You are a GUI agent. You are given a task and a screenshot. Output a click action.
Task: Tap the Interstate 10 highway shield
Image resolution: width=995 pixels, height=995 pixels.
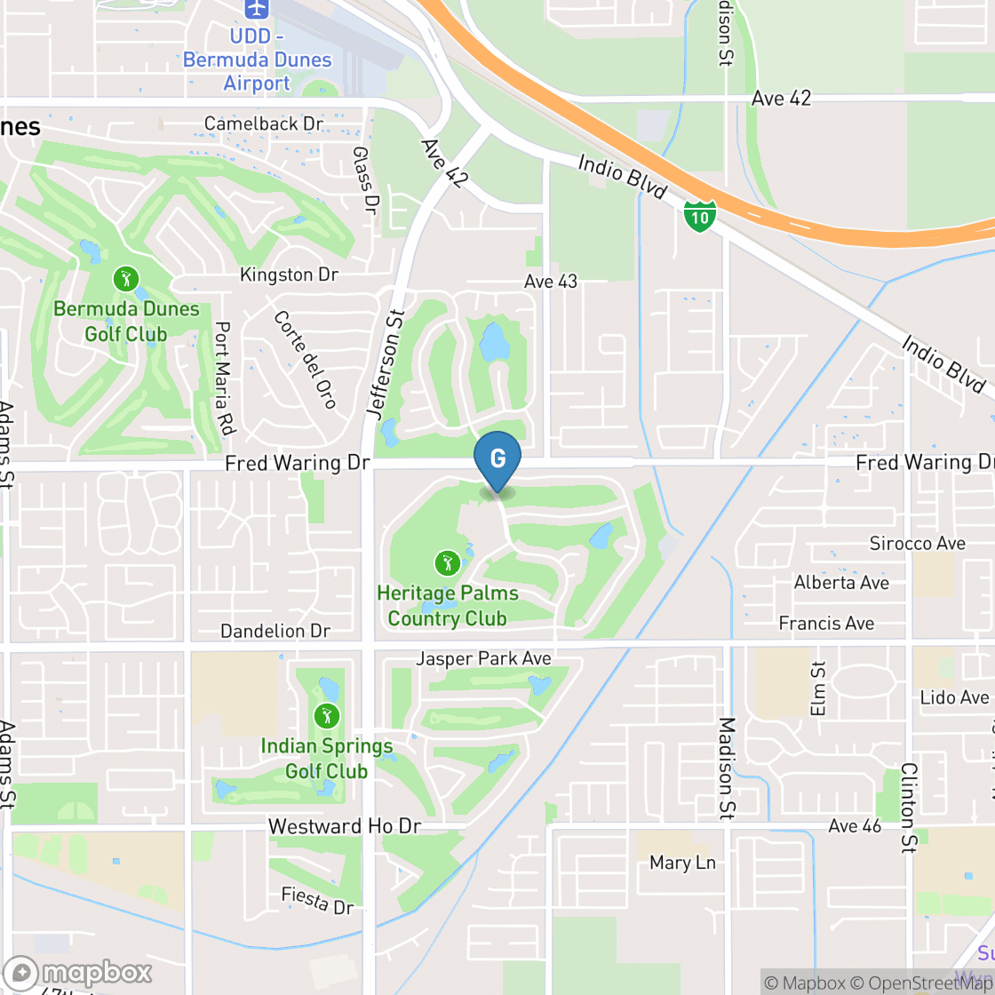pyautogui.click(x=700, y=216)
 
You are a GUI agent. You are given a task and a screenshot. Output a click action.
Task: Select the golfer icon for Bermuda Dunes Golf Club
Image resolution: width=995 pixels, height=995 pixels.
pyautogui.click(x=126, y=280)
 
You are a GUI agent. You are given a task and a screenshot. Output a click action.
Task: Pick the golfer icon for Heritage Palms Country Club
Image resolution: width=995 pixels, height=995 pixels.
pyautogui.click(x=447, y=562)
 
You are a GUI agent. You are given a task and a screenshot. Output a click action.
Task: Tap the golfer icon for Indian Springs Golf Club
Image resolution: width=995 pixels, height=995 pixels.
pyautogui.click(x=326, y=716)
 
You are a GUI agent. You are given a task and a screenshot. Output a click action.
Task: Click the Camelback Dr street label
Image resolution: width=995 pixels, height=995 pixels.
pyautogui.click(x=264, y=123)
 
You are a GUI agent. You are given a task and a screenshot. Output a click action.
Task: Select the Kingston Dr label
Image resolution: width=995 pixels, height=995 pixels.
pyautogui.click(x=289, y=275)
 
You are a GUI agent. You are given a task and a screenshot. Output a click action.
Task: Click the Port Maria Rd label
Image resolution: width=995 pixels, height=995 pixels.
pyautogui.click(x=223, y=378)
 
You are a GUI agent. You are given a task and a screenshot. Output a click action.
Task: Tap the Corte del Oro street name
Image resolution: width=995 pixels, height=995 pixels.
pyautogui.click(x=305, y=359)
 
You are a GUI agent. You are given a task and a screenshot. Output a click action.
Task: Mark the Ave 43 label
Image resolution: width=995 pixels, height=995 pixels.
pyautogui.click(x=551, y=282)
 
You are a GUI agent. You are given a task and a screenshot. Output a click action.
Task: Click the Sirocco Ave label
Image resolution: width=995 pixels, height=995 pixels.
pyautogui.click(x=917, y=543)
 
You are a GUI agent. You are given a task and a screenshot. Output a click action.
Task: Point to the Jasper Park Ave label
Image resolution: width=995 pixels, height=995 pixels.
pyautogui.click(x=484, y=658)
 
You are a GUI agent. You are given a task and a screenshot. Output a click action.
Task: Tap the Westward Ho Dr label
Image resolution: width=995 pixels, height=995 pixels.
pyautogui.click(x=345, y=826)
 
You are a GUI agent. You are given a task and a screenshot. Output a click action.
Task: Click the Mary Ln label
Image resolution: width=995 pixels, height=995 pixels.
pyautogui.click(x=682, y=863)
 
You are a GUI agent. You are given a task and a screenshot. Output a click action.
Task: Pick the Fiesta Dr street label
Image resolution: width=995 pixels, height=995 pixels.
pyautogui.click(x=317, y=901)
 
